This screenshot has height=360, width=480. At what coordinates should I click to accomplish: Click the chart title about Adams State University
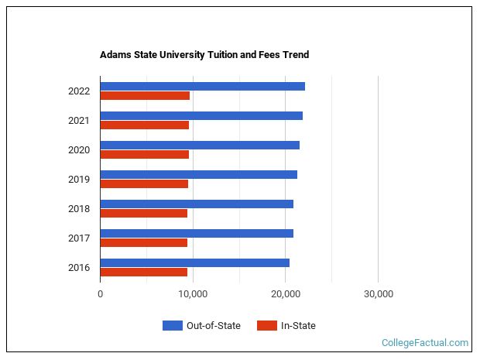204,55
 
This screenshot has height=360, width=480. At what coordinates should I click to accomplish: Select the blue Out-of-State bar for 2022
202,86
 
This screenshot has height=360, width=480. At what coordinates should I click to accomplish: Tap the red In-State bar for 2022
145,96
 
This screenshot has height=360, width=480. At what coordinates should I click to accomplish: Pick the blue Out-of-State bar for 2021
201,115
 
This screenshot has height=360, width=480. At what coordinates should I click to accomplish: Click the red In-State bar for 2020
144,154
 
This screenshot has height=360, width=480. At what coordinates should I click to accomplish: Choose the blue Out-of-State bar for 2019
198,174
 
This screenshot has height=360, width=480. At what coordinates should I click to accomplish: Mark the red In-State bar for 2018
143,213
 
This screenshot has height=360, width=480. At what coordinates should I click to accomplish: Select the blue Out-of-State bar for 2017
197,233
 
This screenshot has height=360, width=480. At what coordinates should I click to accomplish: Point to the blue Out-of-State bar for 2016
194,262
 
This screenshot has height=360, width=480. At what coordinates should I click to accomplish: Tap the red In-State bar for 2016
143,272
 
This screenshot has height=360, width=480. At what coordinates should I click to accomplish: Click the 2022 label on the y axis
79,91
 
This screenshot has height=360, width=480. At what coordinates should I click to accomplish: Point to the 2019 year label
79,180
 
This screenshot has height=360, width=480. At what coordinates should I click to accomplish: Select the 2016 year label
79,268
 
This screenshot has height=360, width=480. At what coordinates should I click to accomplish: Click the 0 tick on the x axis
101,294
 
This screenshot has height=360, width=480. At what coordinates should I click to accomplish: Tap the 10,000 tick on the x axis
193,294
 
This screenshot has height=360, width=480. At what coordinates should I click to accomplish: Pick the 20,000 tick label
286,294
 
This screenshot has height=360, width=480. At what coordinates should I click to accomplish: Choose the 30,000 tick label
378,294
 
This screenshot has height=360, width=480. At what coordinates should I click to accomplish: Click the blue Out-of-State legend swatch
172,326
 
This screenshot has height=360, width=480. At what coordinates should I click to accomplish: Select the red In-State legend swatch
266,326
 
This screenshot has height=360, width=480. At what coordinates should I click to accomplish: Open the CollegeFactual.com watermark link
425,342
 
